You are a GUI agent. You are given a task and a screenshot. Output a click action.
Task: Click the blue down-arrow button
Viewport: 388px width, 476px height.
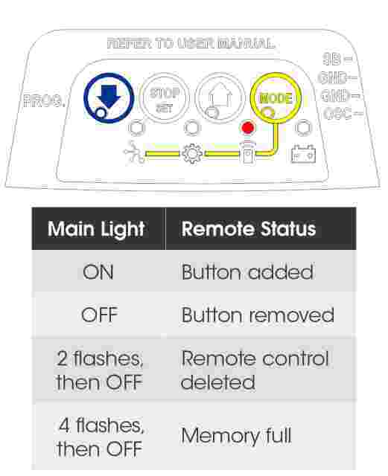click(x=109, y=98)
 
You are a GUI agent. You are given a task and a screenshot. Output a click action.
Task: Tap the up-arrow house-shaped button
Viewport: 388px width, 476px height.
click(x=220, y=97)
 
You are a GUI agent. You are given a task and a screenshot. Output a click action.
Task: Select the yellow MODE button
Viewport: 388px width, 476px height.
click(x=276, y=97)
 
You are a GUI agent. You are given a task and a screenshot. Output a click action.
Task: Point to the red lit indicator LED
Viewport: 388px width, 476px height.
click(x=247, y=127)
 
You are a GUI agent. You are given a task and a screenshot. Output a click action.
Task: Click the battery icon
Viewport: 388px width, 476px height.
click(x=303, y=154)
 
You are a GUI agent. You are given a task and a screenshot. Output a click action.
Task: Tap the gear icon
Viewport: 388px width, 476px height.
click(x=192, y=154)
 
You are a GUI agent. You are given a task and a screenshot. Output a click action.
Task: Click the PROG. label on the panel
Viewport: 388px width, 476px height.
click(x=44, y=100)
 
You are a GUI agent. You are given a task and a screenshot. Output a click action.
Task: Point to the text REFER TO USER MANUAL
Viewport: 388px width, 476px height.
click(x=191, y=43)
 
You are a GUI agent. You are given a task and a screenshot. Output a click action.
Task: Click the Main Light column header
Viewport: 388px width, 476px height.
click(x=96, y=229)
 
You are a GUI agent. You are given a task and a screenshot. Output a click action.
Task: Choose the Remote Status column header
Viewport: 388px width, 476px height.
click(x=249, y=228)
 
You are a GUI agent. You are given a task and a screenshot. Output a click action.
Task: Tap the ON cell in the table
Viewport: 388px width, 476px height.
click(x=98, y=271)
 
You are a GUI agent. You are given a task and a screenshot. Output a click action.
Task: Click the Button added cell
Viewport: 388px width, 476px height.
click(x=247, y=271)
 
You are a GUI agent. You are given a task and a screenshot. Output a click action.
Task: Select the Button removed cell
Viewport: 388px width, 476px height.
click(x=257, y=315)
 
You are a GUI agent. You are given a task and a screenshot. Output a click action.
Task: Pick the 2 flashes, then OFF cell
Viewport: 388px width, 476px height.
click(x=100, y=370)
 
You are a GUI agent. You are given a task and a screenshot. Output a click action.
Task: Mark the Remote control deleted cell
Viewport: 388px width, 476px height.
click(x=255, y=370)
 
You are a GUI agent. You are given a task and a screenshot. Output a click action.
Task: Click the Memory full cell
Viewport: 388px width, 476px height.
click(x=236, y=436)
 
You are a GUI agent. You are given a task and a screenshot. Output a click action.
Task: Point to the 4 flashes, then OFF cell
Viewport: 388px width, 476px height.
click(x=100, y=437)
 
